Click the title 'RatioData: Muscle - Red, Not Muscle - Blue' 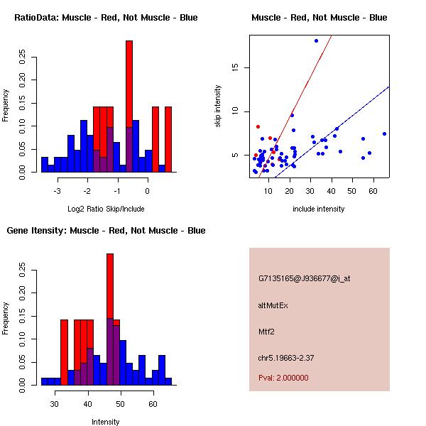coord(106,17)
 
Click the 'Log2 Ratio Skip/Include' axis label coord(106,209)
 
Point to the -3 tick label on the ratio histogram coord(58,191)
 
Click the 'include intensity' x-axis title coord(319,209)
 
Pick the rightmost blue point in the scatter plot coord(384,133)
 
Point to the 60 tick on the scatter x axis coord(373,191)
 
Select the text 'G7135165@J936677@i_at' coord(304,278)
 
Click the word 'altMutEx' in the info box coord(273,305)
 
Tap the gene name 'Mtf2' coord(266,331)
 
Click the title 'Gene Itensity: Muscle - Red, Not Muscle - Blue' coord(106,231)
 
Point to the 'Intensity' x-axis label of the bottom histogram coord(106,422)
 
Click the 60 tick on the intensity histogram coord(153,404)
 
